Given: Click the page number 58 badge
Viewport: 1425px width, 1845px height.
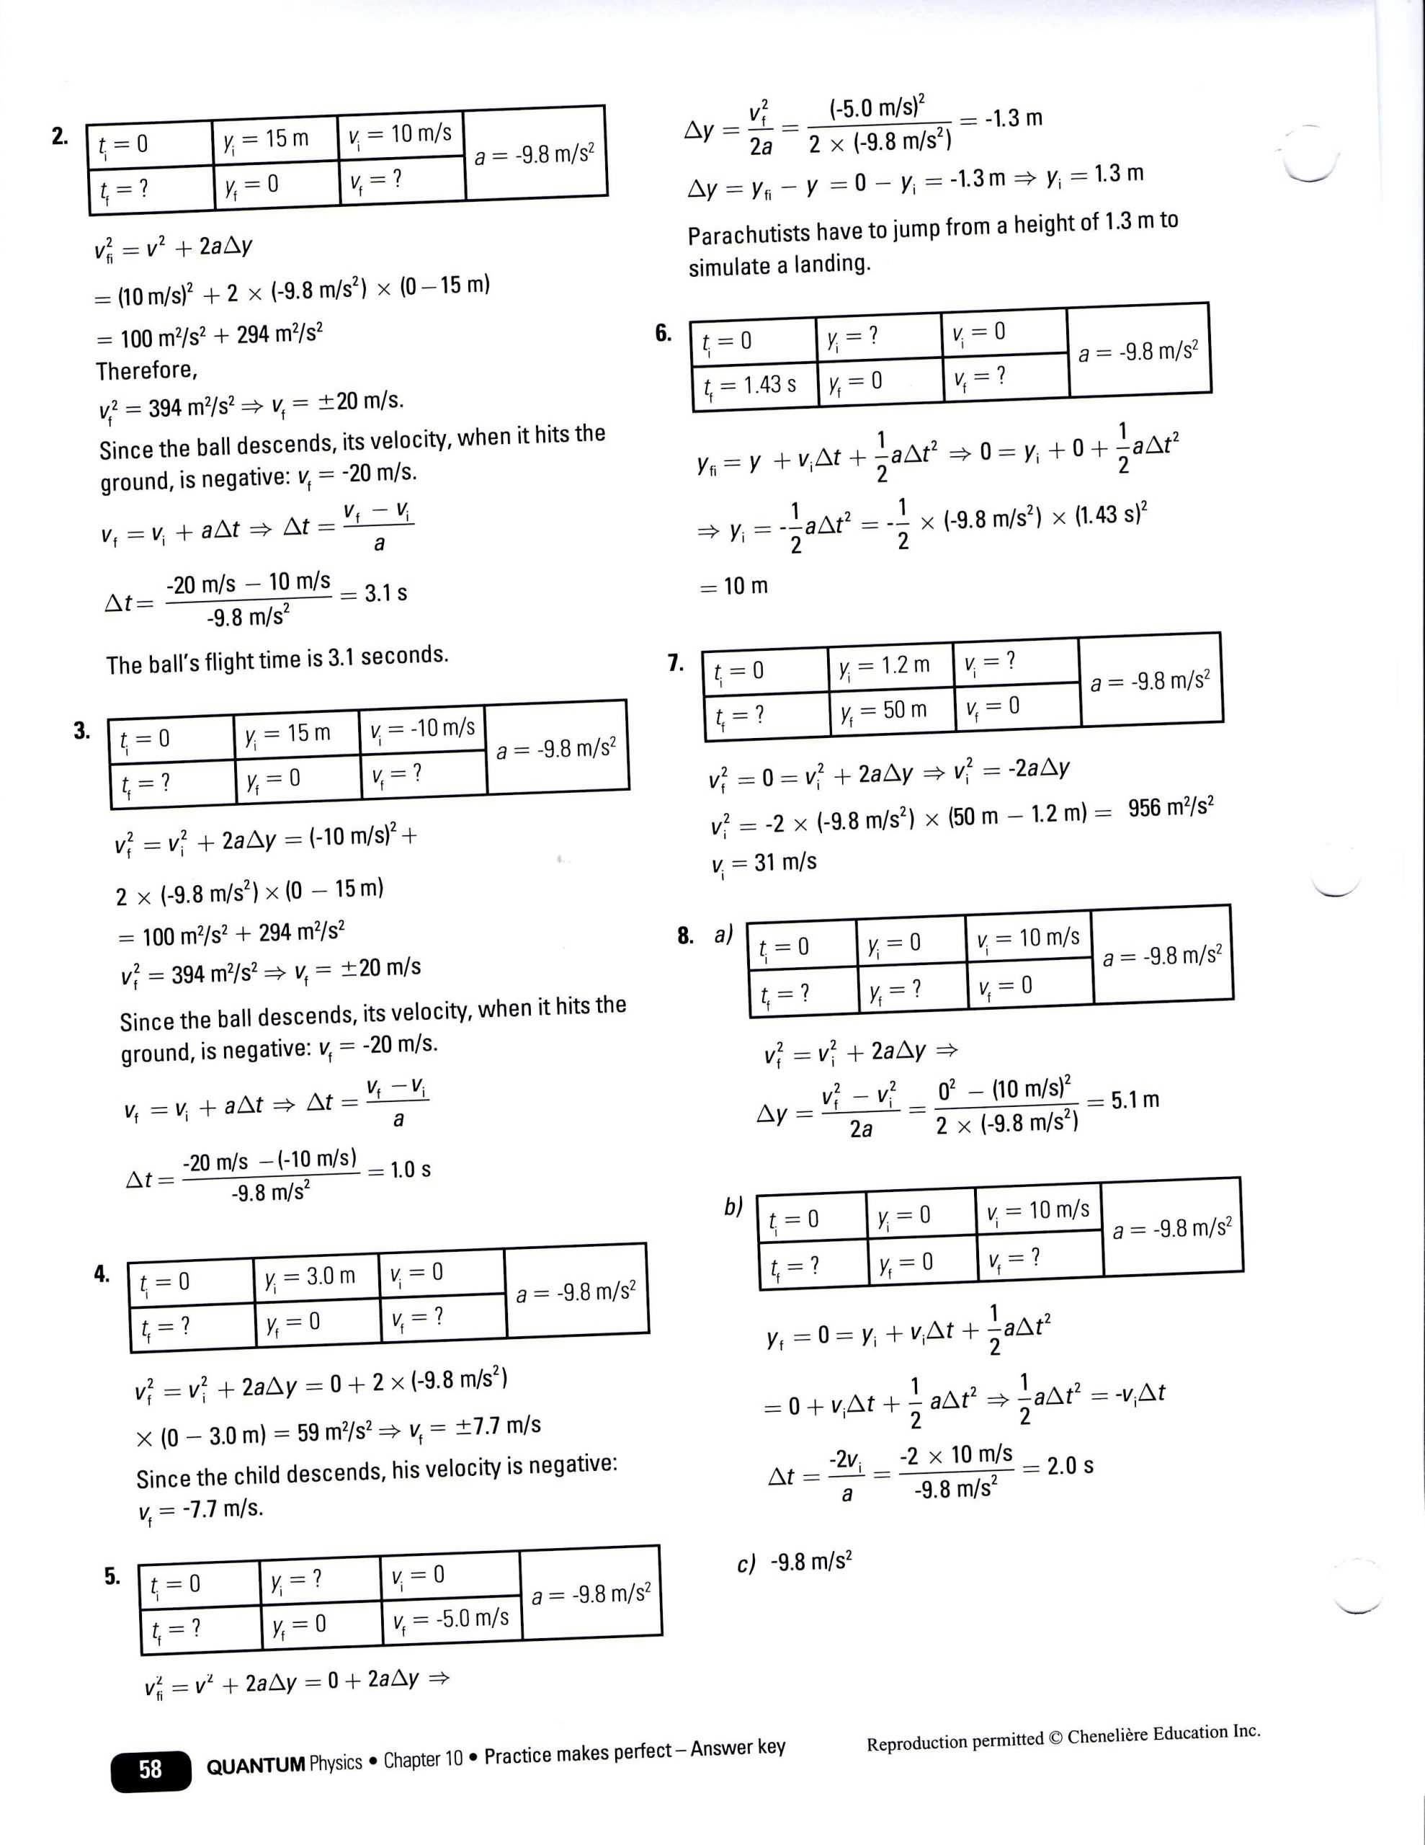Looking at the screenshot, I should tap(150, 1769).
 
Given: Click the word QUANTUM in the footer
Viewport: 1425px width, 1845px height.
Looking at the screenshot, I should tap(255, 1766).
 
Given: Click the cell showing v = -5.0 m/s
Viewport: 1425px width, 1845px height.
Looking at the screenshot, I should tap(450, 1619).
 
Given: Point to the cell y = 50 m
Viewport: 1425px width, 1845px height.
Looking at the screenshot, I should tap(890, 711).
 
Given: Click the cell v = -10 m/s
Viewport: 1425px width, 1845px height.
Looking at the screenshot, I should tap(422, 728).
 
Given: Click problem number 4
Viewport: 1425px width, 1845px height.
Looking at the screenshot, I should tap(102, 1274).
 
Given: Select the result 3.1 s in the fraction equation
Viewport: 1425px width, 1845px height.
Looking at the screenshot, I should tap(385, 593).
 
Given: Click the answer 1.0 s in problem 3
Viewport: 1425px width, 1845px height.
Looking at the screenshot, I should tap(411, 1170).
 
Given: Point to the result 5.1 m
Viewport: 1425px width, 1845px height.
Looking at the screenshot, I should tap(1135, 1100).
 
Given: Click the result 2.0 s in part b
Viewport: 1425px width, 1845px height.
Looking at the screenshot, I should tap(1071, 1466).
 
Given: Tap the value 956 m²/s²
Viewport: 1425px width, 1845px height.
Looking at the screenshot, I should tap(1171, 809).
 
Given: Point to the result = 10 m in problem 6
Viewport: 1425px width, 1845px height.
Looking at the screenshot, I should tap(735, 586).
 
